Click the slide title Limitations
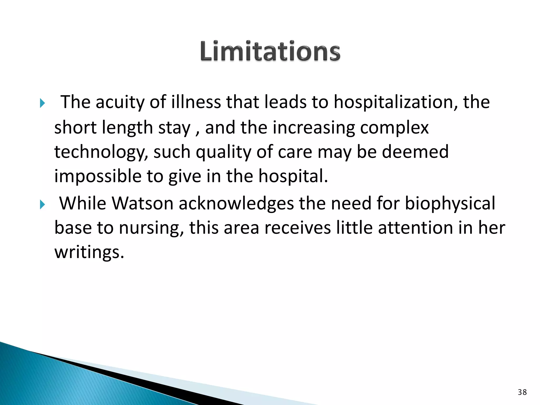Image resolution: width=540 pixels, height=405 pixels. click(270, 51)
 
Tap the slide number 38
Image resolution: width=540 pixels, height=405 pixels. click(522, 392)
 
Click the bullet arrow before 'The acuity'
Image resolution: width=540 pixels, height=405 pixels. click(43, 103)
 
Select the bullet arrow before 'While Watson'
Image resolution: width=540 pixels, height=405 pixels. click(43, 204)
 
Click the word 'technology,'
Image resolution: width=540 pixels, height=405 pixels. click(101, 152)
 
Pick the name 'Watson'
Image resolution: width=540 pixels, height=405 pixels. click(142, 204)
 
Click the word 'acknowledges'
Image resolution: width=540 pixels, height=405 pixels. click(236, 204)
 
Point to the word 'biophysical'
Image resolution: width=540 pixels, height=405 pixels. click(450, 204)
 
